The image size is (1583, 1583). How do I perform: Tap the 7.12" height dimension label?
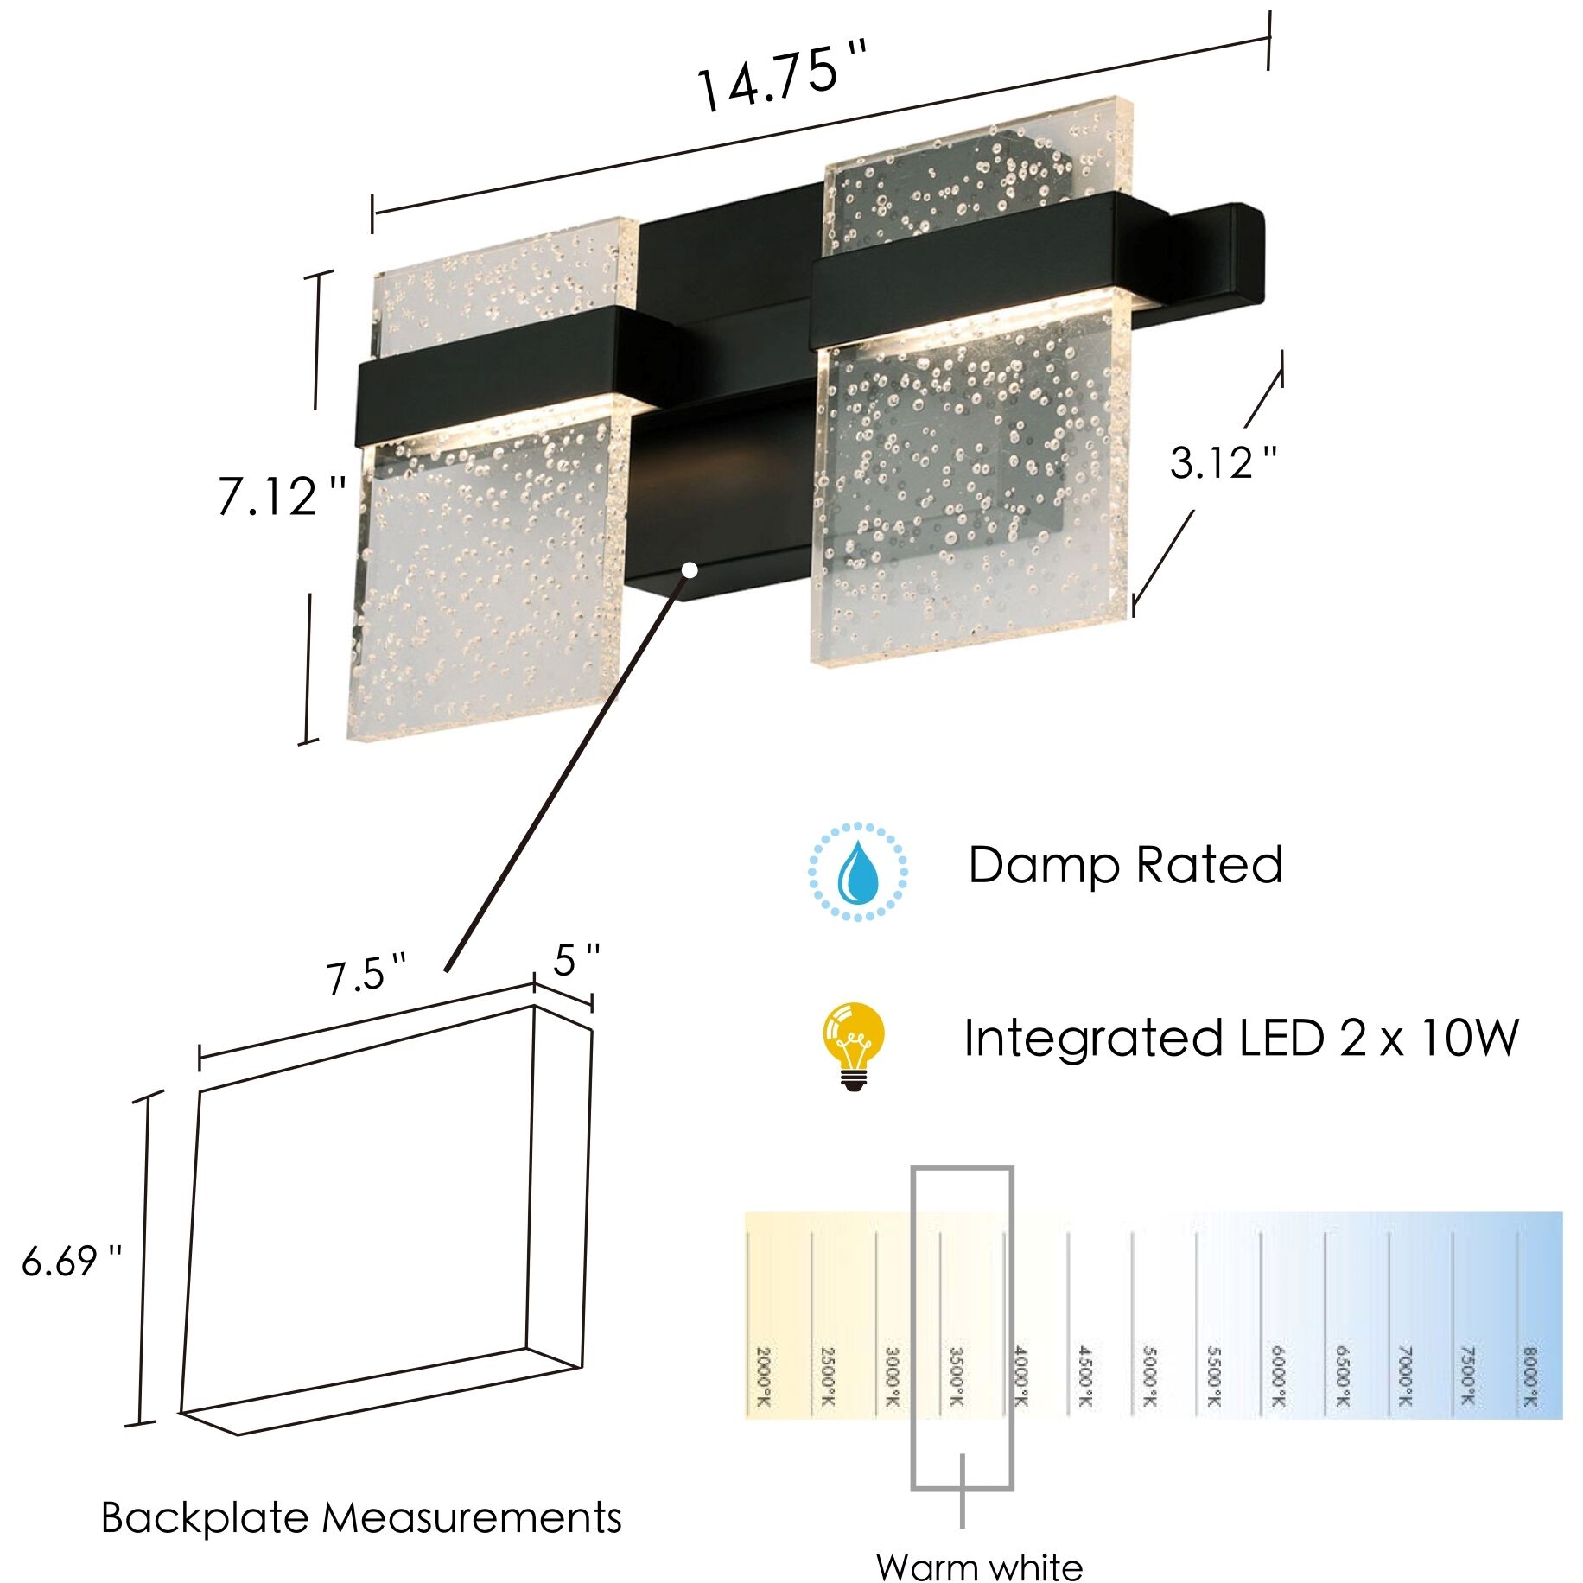pyautogui.click(x=282, y=497)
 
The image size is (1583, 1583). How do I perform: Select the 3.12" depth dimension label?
pyautogui.click(x=1223, y=463)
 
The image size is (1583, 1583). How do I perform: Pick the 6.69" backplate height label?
pyautogui.click(x=72, y=1262)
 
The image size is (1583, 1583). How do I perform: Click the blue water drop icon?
pyautogui.click(x=857, y=871)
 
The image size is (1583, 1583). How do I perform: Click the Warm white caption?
pyautogui.click(x=979, y=1567)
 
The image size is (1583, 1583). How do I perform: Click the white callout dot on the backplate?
pyautogui.click(x=690, y=569)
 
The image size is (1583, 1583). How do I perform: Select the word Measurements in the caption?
pyautogui.click(x=472, y=1518)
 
